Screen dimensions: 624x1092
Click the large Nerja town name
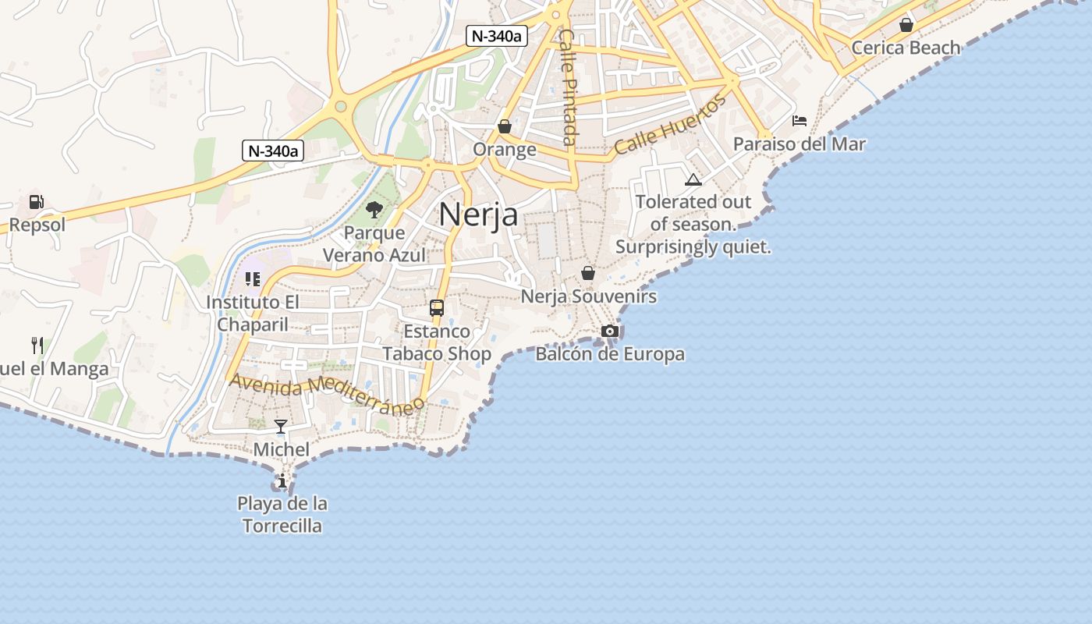coord(478,214)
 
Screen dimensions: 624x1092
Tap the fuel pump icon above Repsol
coord(36,201)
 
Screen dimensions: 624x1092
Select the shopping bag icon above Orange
coord(505,126)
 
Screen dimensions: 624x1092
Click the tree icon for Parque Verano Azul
coord(374,209)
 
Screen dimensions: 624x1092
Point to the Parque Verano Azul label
coord(374,244)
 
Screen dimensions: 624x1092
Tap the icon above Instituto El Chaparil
coord(252,278)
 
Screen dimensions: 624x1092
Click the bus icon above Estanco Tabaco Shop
coord(437,307)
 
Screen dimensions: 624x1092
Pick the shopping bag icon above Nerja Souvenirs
coord(588,273)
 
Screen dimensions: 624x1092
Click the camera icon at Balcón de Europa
coord(610,331)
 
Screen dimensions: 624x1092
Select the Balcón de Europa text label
coord(610,354)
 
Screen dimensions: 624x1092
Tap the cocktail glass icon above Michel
coord(281,426)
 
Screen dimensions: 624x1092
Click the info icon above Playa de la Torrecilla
coord(282,480)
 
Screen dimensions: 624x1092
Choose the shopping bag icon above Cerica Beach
coord(906,25)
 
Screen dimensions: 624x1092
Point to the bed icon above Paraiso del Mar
coord(799,121)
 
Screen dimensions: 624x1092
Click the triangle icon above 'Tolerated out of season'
coord(693,179)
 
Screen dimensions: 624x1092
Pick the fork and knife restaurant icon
coord(37,345)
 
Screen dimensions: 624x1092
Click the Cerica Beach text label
coord(906,48)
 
